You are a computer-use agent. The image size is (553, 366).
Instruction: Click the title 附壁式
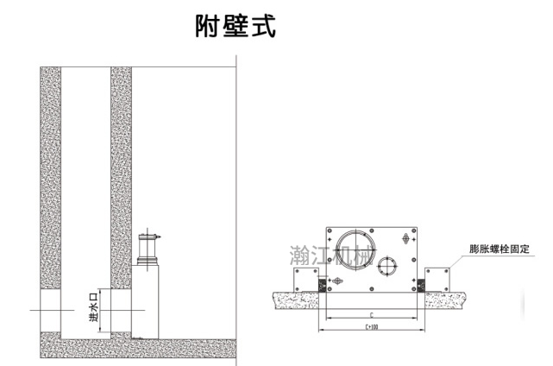235,27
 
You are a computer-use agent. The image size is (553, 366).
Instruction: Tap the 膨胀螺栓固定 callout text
504,249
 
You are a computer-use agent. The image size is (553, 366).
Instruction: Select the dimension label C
370,316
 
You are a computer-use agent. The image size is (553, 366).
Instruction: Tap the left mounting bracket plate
307,278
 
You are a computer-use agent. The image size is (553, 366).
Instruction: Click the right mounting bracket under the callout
437,278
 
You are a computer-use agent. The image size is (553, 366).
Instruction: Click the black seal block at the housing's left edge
324,284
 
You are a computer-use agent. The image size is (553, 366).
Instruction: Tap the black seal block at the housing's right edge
420,284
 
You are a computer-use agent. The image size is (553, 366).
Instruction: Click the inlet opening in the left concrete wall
51,309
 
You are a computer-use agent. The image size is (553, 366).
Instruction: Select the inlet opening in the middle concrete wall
121,309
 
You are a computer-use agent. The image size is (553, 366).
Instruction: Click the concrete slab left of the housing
293,297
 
